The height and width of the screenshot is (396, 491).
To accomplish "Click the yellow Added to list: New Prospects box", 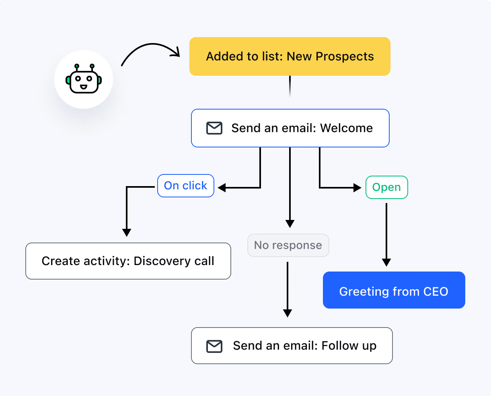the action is click(x=290, y=56).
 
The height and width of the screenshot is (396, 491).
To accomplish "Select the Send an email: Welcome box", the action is click(x=290, y=128).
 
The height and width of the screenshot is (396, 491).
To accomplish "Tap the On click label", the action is click(x=185, y=186).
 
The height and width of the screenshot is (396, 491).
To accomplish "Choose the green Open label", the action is click(x=387, y=187).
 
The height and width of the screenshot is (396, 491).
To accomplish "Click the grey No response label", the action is click(x=288, y=245).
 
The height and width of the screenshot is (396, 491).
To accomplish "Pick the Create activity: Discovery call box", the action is click(x=128, y=261).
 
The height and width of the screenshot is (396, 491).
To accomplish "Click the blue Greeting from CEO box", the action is click(x=394, y=290).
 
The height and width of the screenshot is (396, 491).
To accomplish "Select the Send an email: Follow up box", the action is click(x=292, y=346).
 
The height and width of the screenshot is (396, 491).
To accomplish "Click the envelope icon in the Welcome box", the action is click(x=214, y=128).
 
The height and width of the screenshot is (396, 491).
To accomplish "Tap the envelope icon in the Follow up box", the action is click(x=214, y=346).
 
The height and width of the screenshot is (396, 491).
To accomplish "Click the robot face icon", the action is click(x=84, y=79).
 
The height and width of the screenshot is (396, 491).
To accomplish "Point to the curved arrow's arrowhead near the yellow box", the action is click(x=176, y=52).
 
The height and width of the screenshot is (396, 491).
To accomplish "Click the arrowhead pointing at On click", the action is click(x=222, y=188).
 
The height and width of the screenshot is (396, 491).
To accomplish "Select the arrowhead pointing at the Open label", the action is click(x=357, y=188).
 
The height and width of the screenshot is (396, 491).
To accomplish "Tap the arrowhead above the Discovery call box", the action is click(x=127, y=233).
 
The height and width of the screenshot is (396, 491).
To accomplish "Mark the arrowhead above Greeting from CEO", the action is click(x=386, y=263).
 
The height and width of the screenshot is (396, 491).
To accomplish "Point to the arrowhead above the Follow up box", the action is click(x=288, y=313).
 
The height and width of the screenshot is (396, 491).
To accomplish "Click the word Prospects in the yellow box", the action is click(x=345, y=56).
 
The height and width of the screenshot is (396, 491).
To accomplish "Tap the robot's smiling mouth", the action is click(x=84, y=87).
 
